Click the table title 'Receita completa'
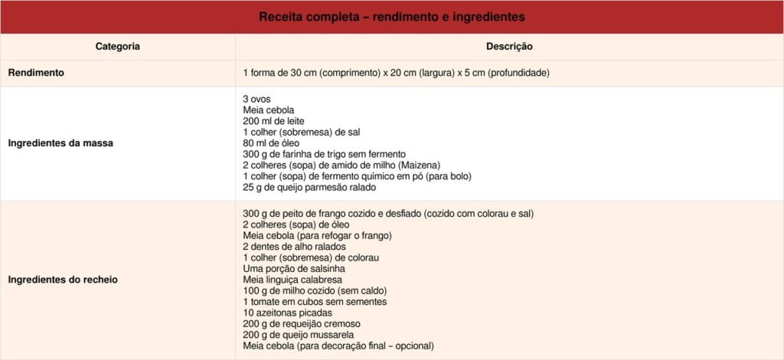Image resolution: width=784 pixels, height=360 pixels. pyautogui.click(x=391, y=17)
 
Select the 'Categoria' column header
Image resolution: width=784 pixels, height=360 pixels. pyautogui.click(x=117, y=47)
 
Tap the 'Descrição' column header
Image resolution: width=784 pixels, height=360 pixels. pyautogui.click(x=509, y=47)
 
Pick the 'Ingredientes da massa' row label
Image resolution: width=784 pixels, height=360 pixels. pyautogui.click(x=60, y=143)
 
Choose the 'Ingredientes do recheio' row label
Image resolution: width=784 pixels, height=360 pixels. pyautogui.click(x=63, y=280)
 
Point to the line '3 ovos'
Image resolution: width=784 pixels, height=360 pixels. pyautogui.click(x=256, y=99)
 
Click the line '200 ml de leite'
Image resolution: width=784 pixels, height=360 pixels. pyautogui.click(x=274, y=121)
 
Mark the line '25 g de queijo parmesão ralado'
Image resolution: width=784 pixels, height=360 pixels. pyautogui.click(x=309, y=187)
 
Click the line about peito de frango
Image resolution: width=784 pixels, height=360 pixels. pyautogui.click(x=387, y=214)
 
